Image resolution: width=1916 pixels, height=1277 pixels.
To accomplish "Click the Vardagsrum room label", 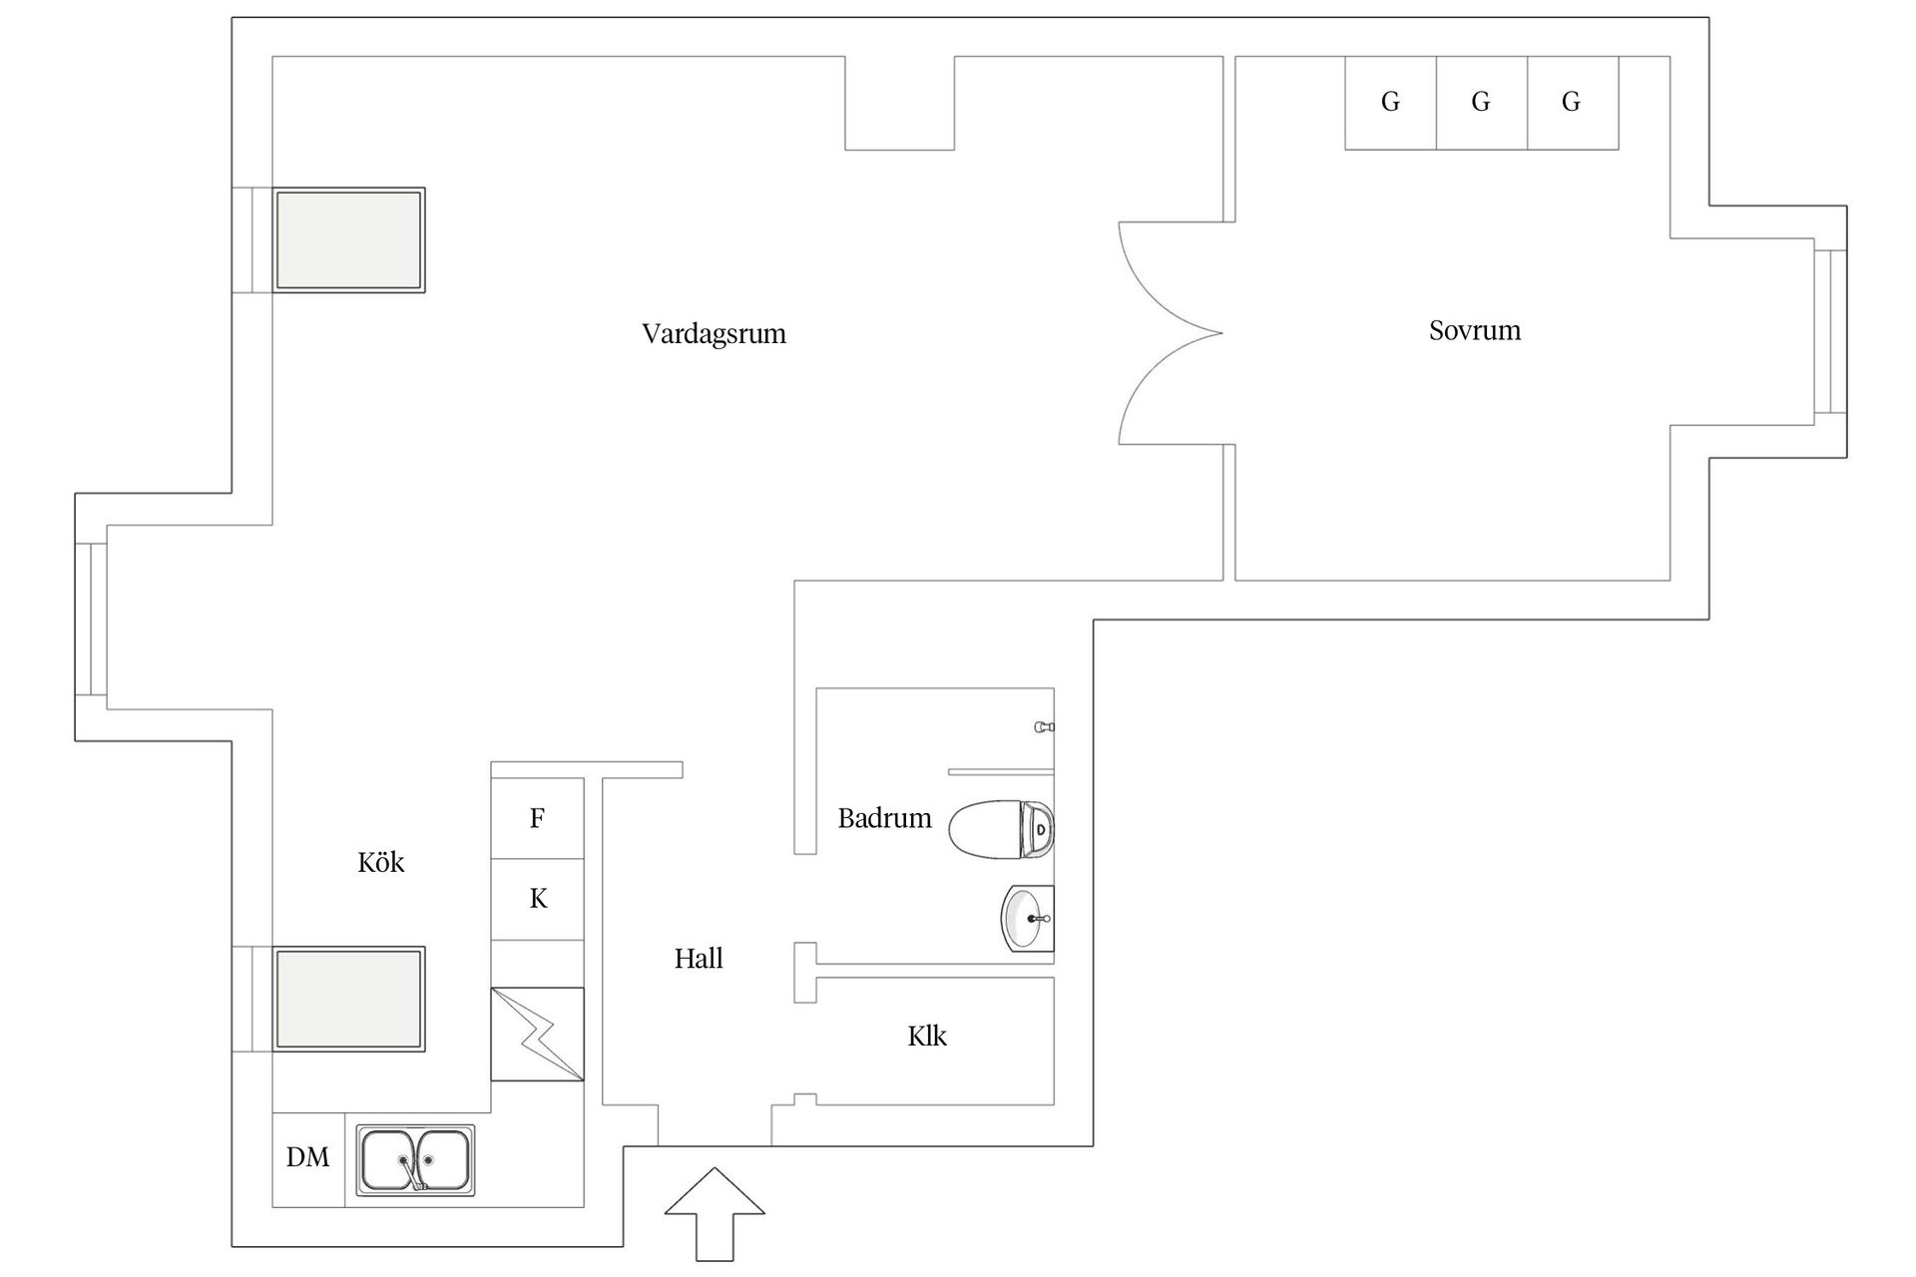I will pos(714,333).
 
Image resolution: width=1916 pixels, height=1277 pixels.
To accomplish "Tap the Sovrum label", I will pos(1474,330).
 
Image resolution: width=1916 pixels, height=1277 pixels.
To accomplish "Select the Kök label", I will pos(380,862).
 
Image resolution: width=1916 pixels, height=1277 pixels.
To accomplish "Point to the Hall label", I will pos(698,959).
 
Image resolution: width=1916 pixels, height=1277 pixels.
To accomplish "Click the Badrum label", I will pos(884,818).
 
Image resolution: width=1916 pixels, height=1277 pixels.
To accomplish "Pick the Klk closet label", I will pos(926,1037).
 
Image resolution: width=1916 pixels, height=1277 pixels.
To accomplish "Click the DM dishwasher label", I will pos(307,1157).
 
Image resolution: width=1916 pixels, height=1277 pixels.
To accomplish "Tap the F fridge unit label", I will pos(537,818).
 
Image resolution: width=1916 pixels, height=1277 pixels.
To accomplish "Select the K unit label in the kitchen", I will pos(538,899).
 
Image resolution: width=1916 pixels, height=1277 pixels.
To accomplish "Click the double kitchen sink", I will pos(415,1160).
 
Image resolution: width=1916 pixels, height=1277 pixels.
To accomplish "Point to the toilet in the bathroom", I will pos(1000,828).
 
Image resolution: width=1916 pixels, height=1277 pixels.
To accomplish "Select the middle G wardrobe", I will pos(1481,102).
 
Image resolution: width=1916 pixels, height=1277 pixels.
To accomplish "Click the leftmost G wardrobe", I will pos(1390,102).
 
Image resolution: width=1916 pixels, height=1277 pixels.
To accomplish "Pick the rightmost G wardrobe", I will pos(1571,102).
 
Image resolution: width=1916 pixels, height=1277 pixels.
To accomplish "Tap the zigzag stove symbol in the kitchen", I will pos(537,1034).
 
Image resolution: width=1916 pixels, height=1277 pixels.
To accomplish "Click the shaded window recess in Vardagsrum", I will pos(348,240).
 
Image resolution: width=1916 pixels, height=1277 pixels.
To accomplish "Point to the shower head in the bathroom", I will pos(1045,727).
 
